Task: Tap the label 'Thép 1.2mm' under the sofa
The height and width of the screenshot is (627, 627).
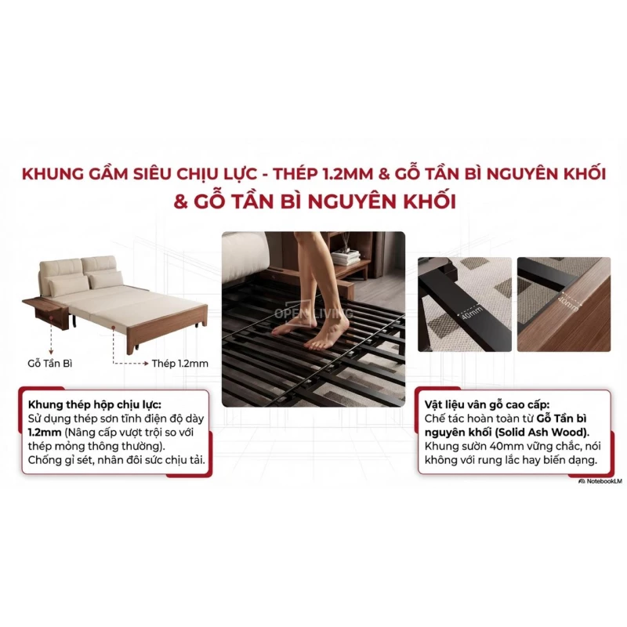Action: click(x=181, y=363)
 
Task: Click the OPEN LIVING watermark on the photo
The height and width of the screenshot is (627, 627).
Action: click(x=313, y=313)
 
